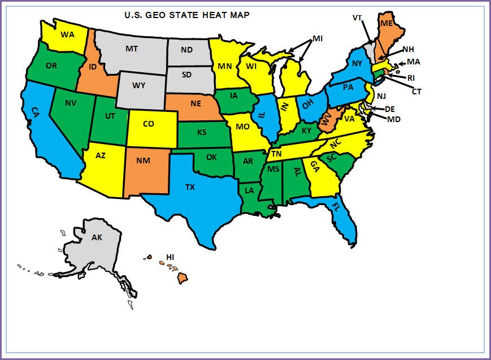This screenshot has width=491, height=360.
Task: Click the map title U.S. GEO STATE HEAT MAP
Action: pos(186,15)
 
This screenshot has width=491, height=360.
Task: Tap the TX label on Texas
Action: pos(190,186)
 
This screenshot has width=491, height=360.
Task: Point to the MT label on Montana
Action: pos(132,49)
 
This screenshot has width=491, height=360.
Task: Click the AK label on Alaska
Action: pos(97,237)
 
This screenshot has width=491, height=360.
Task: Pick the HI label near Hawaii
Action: pos(170,258)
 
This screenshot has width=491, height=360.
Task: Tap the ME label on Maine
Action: pos(386,24)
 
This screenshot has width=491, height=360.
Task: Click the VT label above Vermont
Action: pos(357,18)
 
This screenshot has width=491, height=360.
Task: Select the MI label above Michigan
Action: pos(318,38)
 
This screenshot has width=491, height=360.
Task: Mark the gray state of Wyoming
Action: pos(139,86)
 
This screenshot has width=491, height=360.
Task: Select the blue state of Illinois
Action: pos(263,118)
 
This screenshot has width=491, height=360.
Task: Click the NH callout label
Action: pos(408,49)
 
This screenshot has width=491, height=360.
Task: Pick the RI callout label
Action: pos(411,78)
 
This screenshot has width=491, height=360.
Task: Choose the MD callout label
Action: pos(394,119)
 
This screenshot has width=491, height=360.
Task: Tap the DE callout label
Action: pos(390,109)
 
